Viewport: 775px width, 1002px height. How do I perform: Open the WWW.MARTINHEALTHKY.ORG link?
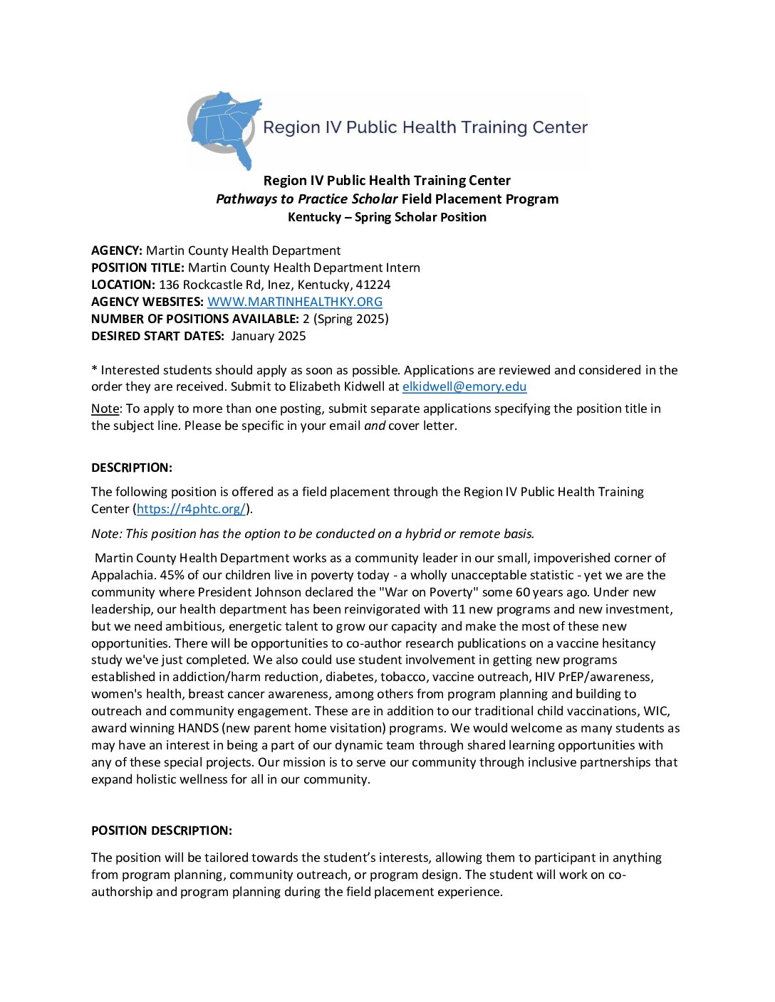click(294, 302)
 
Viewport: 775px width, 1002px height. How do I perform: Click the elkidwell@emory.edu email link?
click(464, 387)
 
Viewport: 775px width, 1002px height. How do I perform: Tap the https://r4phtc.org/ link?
click(191, 509)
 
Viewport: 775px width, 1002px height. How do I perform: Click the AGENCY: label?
click(117, 250)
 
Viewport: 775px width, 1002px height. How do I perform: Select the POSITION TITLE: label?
click(138, 268)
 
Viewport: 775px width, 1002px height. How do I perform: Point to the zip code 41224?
click(373, 285)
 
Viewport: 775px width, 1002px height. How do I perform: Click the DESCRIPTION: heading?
click(132, 468)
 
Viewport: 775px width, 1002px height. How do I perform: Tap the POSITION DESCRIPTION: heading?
click(162, 830)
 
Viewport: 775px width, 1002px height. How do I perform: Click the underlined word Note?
click(105, 408)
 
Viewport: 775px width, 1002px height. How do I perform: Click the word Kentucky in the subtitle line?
click(314, 217)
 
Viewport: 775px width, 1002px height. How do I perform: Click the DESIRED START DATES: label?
click(157, 336)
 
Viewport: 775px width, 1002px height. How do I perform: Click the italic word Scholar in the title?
click(375, 199)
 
